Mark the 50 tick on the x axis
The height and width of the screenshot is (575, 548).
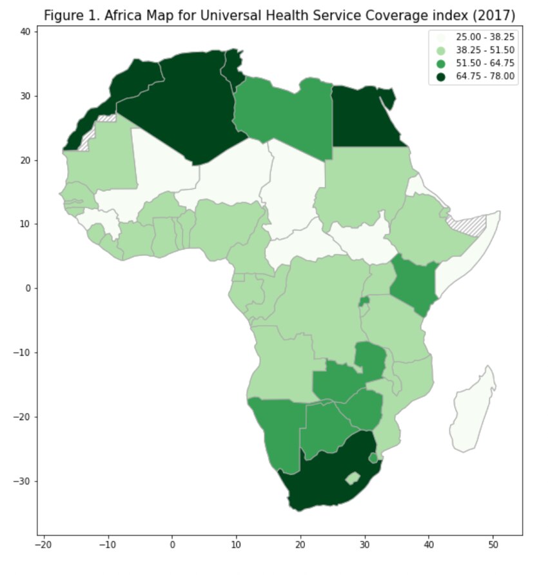point(493,535)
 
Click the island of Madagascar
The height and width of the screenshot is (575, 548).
point(473,413)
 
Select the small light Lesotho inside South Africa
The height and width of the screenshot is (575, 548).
point(352,478)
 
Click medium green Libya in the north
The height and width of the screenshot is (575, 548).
point(284,113)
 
